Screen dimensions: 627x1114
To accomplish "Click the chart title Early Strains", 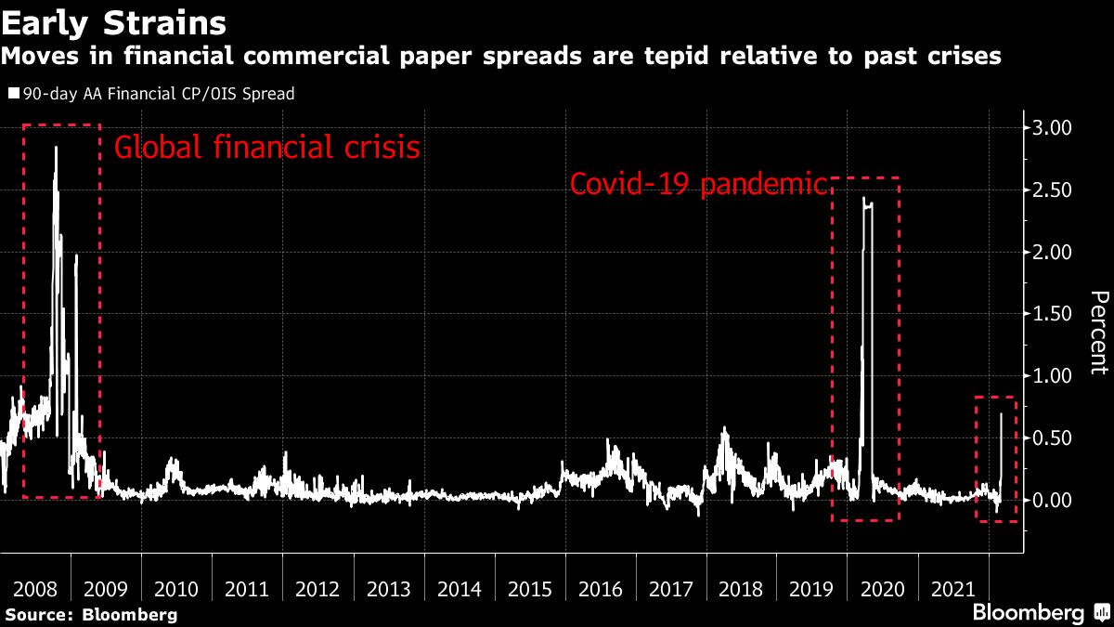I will point(116,20).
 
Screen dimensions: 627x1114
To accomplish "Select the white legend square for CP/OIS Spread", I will point(14,94).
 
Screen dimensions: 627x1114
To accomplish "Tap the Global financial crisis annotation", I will point(266,148).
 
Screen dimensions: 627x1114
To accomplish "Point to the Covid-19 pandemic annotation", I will point(697,184).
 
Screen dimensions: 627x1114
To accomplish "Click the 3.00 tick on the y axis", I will point(1052,127).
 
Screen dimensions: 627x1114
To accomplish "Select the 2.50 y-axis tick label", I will point(1052,189).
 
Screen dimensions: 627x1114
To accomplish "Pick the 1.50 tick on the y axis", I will point(1052,314).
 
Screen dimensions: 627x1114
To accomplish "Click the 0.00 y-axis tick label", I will point(1052,501).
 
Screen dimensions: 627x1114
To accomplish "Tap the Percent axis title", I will point(1098,332).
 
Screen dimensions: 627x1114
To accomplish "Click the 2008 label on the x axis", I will point(36,590).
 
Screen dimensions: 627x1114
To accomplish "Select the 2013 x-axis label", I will point(390,590).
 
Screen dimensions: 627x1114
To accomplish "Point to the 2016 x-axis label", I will point(602,590).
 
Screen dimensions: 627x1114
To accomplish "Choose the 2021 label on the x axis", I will point(953,590).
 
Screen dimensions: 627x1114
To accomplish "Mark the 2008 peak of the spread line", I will point(56,147).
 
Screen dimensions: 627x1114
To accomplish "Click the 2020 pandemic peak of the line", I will point(864,198).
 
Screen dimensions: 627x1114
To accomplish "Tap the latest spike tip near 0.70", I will point(1001,414).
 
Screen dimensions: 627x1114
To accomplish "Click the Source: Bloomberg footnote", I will point(91,614).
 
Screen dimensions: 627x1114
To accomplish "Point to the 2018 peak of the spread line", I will point(724,428).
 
